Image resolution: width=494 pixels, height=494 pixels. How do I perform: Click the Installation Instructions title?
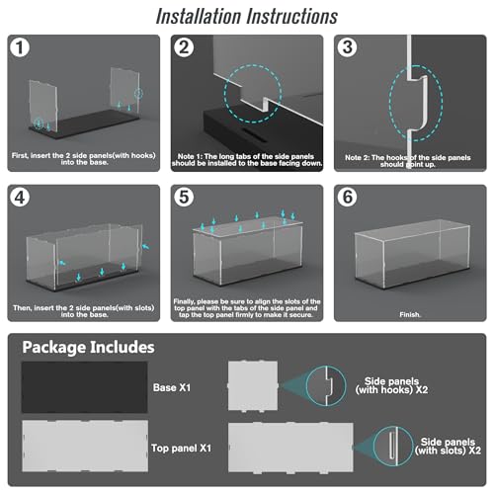pos(247,17)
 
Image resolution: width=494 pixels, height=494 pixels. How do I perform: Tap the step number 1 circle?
pos(20,47)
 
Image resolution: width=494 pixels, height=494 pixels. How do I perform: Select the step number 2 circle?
pos(184,47)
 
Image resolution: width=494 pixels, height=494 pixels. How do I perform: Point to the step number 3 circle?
pos(347,47)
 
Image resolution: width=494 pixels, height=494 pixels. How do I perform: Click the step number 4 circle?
pos(20,198)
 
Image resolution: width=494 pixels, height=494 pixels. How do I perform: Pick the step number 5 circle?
pos(184,198)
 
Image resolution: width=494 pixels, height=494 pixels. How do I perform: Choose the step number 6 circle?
pos(347,198)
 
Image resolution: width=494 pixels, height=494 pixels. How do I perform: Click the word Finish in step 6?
pos(409,314)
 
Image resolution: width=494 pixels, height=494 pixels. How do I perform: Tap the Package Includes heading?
pos(88,348)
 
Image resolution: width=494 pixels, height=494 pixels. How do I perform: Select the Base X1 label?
pos(172,387)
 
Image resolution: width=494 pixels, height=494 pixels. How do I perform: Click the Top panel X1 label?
pos(181,448)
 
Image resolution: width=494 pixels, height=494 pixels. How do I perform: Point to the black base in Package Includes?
pos(85,387)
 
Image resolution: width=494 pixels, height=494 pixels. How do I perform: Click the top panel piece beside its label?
pos(85,446)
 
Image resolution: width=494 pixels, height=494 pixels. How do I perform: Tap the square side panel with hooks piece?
pos(253,385)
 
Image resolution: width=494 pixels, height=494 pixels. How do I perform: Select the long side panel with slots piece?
pos(290,448)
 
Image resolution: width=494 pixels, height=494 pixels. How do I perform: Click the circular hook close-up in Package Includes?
pos(326,385)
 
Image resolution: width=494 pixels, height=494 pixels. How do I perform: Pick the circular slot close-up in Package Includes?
pos(393,447)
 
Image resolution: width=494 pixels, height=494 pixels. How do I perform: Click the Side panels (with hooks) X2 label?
pos(391,385)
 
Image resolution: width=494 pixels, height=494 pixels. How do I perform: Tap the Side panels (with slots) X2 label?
pos(448,447)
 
